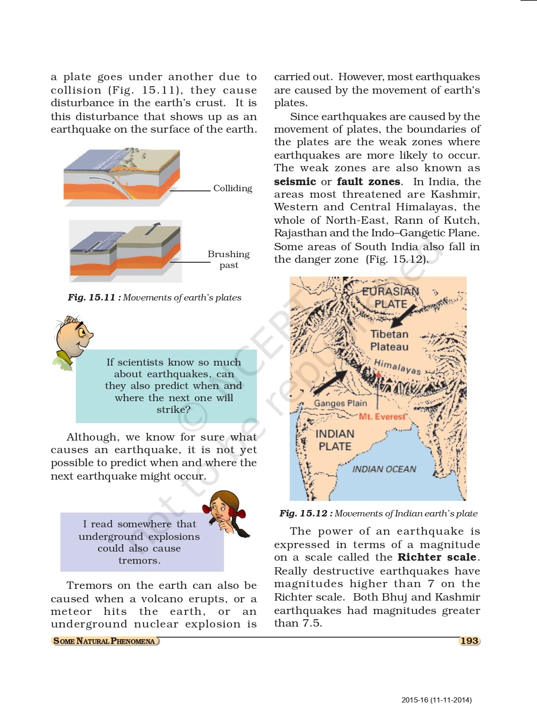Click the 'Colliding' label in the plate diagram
point(232,188)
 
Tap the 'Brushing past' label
point(229,259)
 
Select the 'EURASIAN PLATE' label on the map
point(391,297)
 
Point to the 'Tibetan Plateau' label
point(390,340)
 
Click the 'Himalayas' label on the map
point(397,366)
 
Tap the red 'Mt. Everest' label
point(382,417)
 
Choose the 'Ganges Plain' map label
point(341,403)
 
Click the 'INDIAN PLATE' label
point(335,440)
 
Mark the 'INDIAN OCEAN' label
point(384,469)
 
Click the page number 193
point(469,641)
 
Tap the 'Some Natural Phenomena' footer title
point(104,641)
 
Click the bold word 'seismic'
point(295,182)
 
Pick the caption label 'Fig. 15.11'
point(92,297)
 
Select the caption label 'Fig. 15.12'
point(303,513)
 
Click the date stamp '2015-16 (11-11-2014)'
point(436,700)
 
